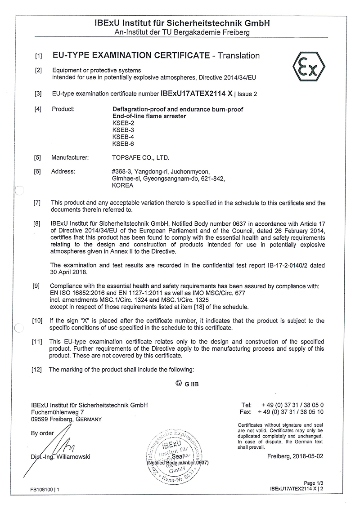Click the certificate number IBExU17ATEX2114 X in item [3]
(x=197, y=94)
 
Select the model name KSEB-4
(x=122, y=137)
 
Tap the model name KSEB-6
(x=122, y=144)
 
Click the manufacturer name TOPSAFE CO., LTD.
(x=141, y=158)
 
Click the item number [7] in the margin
(x=38, y=203)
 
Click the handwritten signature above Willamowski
(x=63, y=445)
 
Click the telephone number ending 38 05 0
(x=291, y=405)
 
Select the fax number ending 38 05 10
(x=291, y=411)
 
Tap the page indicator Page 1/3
(x=314, y=483)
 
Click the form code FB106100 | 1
(x=45, y=489)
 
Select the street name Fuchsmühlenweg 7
(x=58, y=411)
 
